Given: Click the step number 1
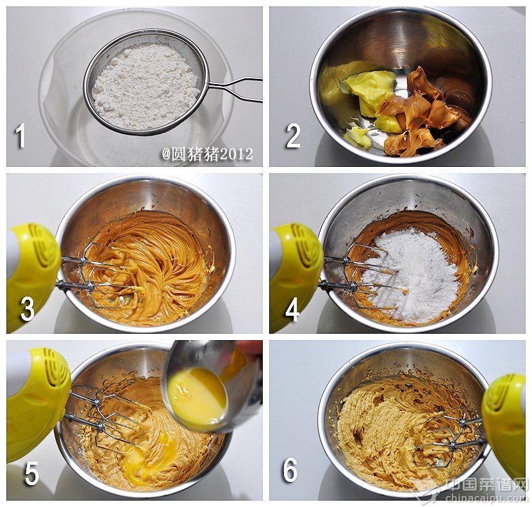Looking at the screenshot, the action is coord(21,135).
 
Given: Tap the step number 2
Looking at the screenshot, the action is coord(293,135).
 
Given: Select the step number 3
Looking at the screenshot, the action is coord(27,309).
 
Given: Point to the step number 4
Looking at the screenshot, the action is coord(292,309).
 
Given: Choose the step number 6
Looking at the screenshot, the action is coord(290,470).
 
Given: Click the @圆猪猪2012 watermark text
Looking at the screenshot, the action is coord(207,154).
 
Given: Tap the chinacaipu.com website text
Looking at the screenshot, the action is coord(488,498).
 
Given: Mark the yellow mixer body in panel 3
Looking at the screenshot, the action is coord(31,275).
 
